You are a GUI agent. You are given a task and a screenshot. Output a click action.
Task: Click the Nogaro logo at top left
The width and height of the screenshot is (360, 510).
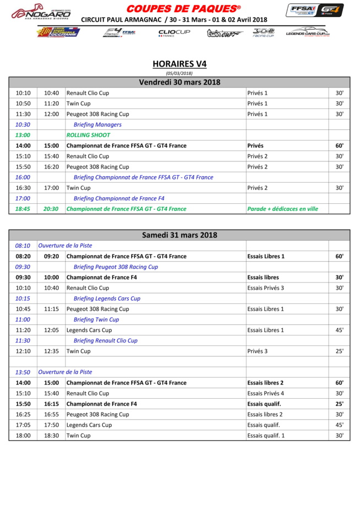click(x=41, y=13)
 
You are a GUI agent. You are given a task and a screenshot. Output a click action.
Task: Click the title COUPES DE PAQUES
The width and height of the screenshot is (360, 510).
click(x=183, y=8)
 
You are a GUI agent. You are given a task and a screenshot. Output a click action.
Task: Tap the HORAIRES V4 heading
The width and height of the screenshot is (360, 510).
click(x=179, y=64)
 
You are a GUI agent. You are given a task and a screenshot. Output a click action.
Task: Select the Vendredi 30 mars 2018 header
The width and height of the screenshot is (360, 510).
click(x=179, y=83)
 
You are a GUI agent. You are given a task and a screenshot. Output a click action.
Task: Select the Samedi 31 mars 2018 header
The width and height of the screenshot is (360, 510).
click(x=179, y=235)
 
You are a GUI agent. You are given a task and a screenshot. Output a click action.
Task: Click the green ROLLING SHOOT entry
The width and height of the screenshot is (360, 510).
click(x=88, y=135)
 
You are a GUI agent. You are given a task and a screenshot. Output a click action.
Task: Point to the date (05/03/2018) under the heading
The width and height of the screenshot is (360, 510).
click(x=179, y=73)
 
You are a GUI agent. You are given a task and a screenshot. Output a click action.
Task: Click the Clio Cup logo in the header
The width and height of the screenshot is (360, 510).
click(x=174, y=33)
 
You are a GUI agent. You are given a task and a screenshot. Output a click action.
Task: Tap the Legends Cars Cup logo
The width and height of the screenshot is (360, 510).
click(x=308, y=33)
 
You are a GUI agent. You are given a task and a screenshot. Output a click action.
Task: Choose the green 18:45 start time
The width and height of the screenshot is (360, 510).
click(x=23, y=209)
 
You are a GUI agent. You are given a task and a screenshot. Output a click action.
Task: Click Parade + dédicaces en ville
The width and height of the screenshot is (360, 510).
click(x=283, y=209)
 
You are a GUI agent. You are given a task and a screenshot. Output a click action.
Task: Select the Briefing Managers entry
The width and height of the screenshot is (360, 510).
click(x=97, y=124)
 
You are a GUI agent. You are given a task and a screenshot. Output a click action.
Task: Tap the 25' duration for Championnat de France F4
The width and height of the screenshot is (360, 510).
click(x=340, y=404)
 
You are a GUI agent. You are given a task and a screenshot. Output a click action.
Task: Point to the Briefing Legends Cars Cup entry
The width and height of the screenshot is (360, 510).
click(x=107, y=299)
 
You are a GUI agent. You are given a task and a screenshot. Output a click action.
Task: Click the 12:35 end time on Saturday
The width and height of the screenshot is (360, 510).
click(x=52, y=351)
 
